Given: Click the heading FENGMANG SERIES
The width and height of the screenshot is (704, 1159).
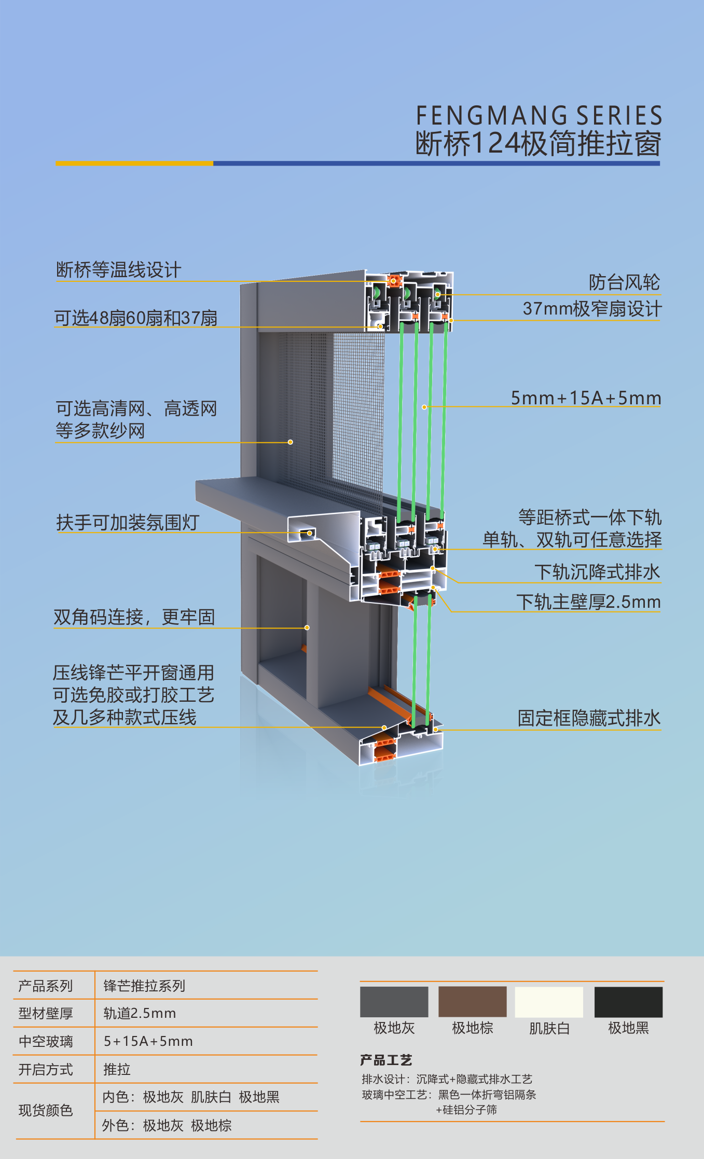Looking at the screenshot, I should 539,116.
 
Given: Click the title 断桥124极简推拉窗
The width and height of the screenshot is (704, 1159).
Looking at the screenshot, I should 539,144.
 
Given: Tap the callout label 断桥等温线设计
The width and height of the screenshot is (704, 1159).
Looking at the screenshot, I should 119,270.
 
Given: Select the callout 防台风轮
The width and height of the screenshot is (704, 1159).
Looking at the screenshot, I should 624,282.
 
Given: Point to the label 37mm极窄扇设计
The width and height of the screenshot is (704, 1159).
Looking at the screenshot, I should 592,309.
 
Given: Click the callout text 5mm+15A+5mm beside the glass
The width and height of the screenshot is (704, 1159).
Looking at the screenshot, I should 586,398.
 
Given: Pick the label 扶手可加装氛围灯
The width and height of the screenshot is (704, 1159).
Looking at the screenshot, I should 128,522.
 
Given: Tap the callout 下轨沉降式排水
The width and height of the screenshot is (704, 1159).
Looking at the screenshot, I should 597,572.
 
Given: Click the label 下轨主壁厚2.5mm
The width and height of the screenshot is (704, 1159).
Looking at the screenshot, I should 588,602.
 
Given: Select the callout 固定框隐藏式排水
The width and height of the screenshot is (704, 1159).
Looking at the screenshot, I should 589,718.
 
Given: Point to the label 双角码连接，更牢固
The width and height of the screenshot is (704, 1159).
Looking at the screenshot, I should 134,617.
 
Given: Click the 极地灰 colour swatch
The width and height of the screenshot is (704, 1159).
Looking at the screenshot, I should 394,1002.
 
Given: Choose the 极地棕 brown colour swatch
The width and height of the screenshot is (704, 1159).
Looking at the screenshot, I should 472,1002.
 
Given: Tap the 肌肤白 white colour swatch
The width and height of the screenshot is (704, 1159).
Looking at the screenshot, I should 549,1002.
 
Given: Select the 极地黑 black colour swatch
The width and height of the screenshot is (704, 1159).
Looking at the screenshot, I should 628,1002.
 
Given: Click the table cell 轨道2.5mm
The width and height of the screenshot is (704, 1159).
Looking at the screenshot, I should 140,1013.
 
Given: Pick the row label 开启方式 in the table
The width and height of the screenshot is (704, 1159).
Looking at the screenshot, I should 46,1069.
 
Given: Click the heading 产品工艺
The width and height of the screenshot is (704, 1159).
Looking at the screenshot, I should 386,1060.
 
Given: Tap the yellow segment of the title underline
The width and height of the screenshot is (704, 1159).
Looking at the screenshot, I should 134,163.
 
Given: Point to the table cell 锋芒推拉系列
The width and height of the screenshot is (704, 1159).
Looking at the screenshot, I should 144,985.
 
